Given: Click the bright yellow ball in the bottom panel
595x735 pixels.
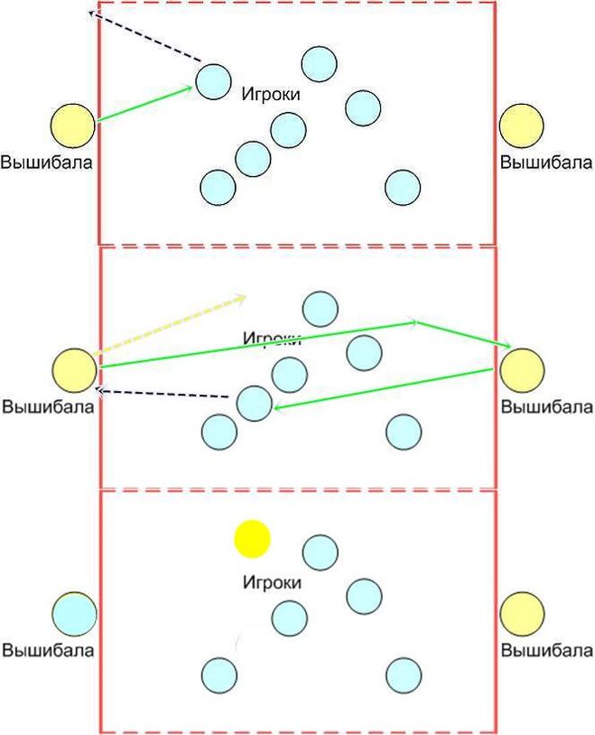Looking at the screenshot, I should click(x=252, y=538).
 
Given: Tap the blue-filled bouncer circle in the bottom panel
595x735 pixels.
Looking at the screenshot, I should click(x=74, y=614).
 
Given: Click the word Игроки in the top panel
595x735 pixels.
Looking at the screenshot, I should click(x=271, y=93).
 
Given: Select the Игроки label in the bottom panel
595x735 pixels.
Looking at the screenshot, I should click(x=271, y=582).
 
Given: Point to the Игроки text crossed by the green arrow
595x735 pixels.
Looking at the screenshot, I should click(x=271, y=339).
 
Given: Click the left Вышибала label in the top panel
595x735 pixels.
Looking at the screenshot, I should click(x=47, y=163).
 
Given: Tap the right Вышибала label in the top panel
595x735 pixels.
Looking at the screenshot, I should click(x=546, y=163).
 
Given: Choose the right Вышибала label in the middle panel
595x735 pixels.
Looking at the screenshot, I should click(x=546, y=406).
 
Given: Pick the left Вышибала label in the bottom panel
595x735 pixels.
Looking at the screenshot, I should click(x=47, y=649).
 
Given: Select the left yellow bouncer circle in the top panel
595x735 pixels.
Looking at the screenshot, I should click(x=72, y=126).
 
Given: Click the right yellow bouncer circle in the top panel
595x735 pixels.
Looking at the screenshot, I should click(x=522, y=126).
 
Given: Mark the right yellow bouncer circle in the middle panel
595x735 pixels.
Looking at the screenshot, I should click(x=522, y=369).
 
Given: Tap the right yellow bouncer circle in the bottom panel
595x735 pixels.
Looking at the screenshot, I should click(x=522, y=614).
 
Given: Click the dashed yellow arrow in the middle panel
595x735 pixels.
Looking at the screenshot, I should click(x=172, y=323).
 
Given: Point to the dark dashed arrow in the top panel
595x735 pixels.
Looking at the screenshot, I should click(x=144, y=37).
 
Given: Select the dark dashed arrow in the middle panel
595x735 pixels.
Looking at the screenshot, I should click(x=163, y=394).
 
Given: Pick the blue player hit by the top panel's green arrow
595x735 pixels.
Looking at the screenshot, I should click(x=213, y=81).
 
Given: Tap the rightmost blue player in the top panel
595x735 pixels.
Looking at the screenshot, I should click(x=403, y=188).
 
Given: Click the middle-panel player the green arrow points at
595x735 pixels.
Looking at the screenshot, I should click(x=254, y=403).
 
